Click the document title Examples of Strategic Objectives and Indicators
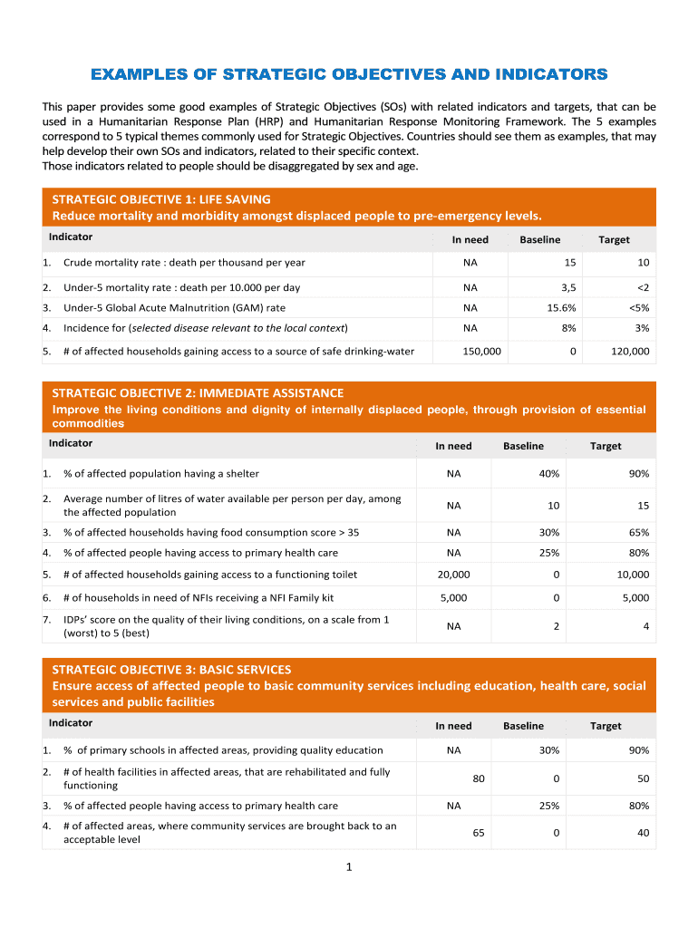(x=349, y=73)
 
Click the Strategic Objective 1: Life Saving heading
(x=161, y=199)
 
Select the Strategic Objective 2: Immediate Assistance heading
(x=198, y=393)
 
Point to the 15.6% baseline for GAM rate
(x=555, y=308)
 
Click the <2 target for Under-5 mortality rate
(x=642, y=287)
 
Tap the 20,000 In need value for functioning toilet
(x=453, y=575)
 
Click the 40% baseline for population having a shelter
(x=548, y=474)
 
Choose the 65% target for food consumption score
(x=638, y=533)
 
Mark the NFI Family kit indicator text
(x=199, y=598)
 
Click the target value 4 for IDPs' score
(x=645, y=626)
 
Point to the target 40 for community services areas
(x=643, y=833)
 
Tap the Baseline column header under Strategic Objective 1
(x=539, y=240)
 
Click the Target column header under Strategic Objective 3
(x=606, y=726)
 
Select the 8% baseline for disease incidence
(x=567, y=328)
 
